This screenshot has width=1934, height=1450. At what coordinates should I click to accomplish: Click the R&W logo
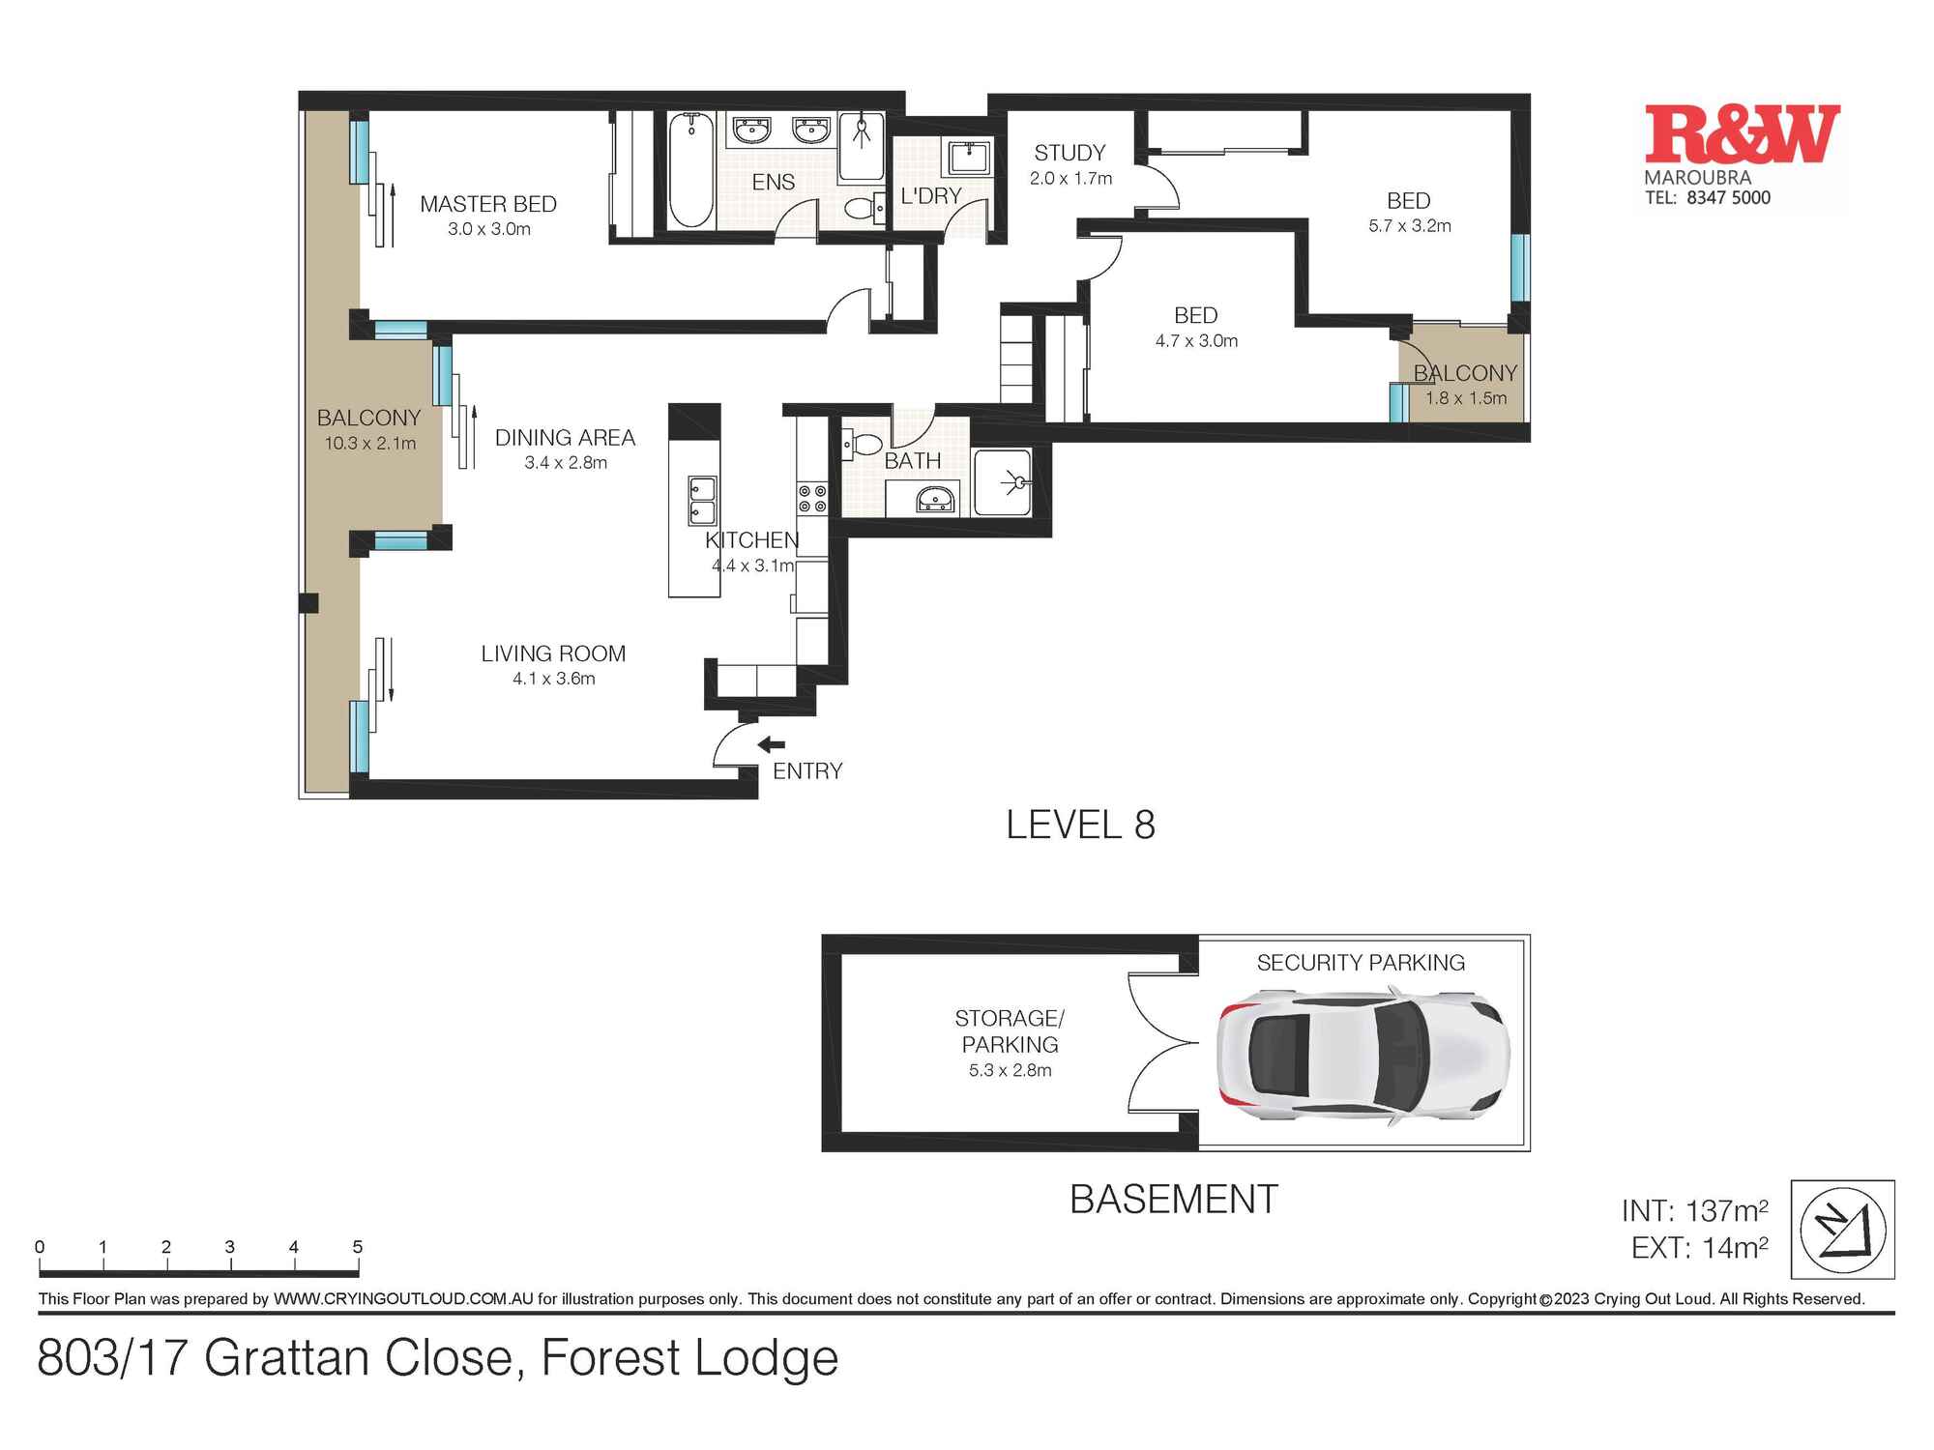pos(1743,134)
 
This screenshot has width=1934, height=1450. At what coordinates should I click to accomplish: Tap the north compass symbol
pos(1843,1230)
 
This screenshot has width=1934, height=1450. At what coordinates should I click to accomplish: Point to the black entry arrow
pos(771,744)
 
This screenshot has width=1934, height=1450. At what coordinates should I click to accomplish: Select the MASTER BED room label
pos(488,204)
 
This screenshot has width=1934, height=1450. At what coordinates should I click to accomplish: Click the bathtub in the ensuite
pos(691,170)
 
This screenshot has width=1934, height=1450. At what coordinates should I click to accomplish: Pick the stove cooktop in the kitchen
pos(812,499)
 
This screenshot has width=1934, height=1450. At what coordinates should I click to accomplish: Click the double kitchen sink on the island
pos(702,500)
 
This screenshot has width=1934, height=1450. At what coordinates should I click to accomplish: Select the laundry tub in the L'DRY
pos(967,156)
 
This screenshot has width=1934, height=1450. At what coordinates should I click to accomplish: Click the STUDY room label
pos(1070,153)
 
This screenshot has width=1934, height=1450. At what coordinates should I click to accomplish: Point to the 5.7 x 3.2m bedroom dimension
pos(1410,226)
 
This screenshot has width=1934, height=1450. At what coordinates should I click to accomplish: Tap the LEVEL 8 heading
pos(1080,825)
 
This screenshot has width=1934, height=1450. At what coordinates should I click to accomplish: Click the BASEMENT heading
pos(1174,1200)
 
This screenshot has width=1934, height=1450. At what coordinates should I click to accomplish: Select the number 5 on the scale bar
pos(358,1247)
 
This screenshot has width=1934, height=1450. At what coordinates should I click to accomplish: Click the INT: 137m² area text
pos(1695,1210)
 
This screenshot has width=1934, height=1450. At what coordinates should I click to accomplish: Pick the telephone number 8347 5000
pos(1729,197)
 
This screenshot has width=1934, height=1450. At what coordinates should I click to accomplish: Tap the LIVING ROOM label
pos(553,653)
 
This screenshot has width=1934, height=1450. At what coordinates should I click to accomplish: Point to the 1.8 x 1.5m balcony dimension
pos(1466,398)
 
